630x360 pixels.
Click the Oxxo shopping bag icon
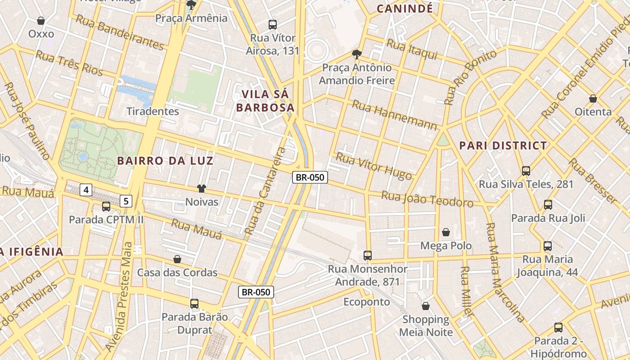click(41, 21)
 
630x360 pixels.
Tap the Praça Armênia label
click(191, 18)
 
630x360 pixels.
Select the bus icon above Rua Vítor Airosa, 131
click(272, 24)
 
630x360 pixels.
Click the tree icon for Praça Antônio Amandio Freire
click(357, 55)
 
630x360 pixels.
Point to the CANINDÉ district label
click(405, 9)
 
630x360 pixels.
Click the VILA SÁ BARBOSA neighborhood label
click(265, 101)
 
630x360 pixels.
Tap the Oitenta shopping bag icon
click(593, 99)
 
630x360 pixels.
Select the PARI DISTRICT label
click(503, 146)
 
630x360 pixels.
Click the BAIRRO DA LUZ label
click(165, 161)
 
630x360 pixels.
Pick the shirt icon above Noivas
click(201, 189)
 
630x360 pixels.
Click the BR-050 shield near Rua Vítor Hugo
click(310, 177)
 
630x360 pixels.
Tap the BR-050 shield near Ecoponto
click(256, 292)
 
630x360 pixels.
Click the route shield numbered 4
click(86, 190)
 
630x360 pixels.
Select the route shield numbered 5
click(126, 201)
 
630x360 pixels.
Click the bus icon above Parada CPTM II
click(106, 207)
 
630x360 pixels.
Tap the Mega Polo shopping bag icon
click(446, 232)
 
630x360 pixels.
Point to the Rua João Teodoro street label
click(427, 199)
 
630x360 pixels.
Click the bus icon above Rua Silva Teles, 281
click(526, 171)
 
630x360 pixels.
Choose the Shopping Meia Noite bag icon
click(426, 306)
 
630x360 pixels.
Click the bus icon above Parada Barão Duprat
click(194, 304)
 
